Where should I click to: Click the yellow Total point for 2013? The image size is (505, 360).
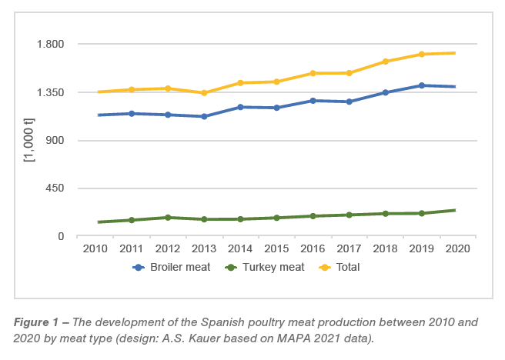point(204,93)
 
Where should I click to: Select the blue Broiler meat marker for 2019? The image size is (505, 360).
point(421,85)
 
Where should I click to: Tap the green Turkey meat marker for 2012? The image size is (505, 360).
point(168,218)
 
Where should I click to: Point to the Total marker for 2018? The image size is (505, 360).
point(385,62)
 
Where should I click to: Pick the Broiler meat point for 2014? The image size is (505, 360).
point(240,107)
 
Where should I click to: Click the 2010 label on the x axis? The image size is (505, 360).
point(95,248)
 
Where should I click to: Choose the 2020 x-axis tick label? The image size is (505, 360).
point(457,248)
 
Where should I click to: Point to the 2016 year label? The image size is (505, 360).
point(313,248)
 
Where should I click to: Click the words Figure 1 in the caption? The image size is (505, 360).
point(35,323)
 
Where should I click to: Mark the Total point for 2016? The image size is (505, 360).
point(313,73)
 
